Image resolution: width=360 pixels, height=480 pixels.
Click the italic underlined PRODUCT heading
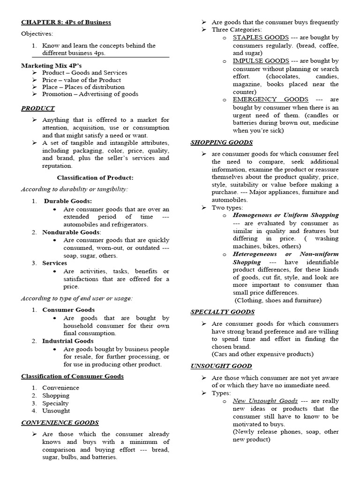click(x=37, y=108)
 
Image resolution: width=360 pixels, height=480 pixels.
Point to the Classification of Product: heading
click(x=95, y=178)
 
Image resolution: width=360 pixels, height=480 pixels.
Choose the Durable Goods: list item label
click(x=68, y=201)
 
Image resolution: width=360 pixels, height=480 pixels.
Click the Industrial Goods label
click(x=67, y=341)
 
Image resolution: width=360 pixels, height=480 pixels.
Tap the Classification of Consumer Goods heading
click(x=72, y=376)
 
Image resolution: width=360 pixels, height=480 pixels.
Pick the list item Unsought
click(x=56, y=411)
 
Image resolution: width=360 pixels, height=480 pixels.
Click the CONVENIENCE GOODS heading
click(x=60, y=422)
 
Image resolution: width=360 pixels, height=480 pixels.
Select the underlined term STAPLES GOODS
click(x=261, y=37)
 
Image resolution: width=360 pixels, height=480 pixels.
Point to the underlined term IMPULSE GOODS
click(x=261, y=61)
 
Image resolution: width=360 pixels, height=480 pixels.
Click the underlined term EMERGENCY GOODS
click(x=270, y=99)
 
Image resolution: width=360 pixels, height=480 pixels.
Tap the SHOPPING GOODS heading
click(x=221, y=142)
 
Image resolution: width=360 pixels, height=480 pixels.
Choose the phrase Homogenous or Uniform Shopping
click(x=285, y=215)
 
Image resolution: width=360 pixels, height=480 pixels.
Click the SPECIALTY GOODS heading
click(x=222, y=312)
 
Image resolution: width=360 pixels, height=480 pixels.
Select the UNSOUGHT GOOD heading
click(x=221, y=366)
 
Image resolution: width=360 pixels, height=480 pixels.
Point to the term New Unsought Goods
click(x=265, y=401)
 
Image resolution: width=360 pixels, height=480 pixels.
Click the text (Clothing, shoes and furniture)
click(x=278, y=300)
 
